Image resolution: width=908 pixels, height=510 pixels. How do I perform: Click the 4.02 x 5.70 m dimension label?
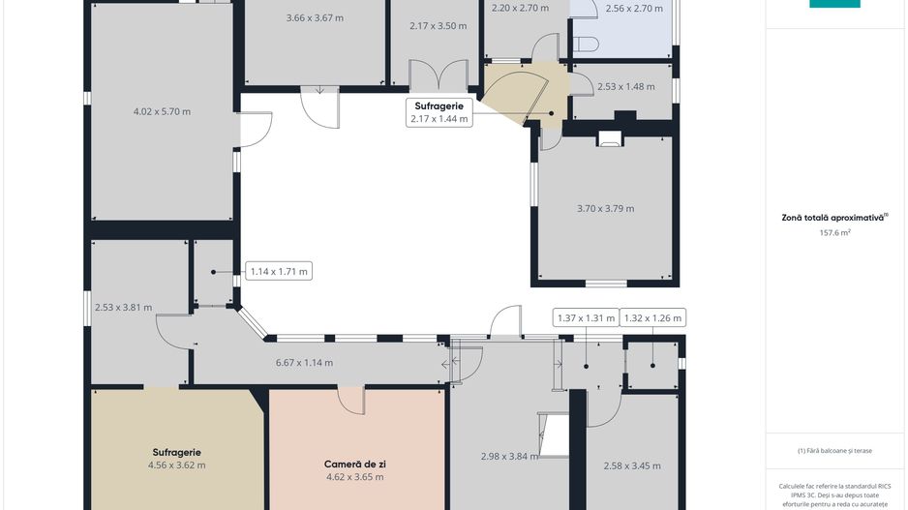coord(162,111)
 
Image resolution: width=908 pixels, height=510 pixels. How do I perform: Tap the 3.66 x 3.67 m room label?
coord(315,18)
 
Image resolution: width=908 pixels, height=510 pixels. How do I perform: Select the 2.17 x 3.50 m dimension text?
coord(438,26)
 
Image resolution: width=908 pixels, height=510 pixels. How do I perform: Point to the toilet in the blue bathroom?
coord(587,44)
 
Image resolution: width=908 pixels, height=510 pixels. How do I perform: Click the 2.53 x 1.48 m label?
coord(626,87)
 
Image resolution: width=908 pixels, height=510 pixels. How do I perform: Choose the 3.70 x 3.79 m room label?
coord(605,208)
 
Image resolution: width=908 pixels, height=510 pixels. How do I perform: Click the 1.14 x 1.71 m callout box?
coord(279,271)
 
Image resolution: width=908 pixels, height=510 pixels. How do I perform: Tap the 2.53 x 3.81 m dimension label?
coord(123,308)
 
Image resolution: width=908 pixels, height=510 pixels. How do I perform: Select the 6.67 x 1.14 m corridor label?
coord(304,363)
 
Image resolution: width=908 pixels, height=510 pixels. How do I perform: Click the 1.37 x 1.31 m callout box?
coord(586,317)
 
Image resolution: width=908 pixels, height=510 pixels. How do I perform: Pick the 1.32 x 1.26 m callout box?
coord(652,317)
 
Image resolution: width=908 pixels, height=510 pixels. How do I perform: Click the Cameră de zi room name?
coord(355,465)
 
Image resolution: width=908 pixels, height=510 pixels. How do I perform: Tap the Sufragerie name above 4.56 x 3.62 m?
coord(176,453)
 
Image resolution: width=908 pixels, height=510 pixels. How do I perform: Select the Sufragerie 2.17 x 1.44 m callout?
coord(439,112)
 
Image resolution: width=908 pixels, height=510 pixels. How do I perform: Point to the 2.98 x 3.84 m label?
coord(509,456)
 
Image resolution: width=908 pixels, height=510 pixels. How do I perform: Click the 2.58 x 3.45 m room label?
coord(632,465)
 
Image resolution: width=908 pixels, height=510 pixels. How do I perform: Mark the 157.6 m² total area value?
coord(834,232)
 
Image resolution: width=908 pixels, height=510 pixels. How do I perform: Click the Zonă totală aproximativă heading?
coord(832,218)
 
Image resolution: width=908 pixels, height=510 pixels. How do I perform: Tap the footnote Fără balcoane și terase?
coord(834,450)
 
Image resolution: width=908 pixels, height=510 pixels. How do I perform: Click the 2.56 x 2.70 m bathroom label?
coord(634,9)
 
